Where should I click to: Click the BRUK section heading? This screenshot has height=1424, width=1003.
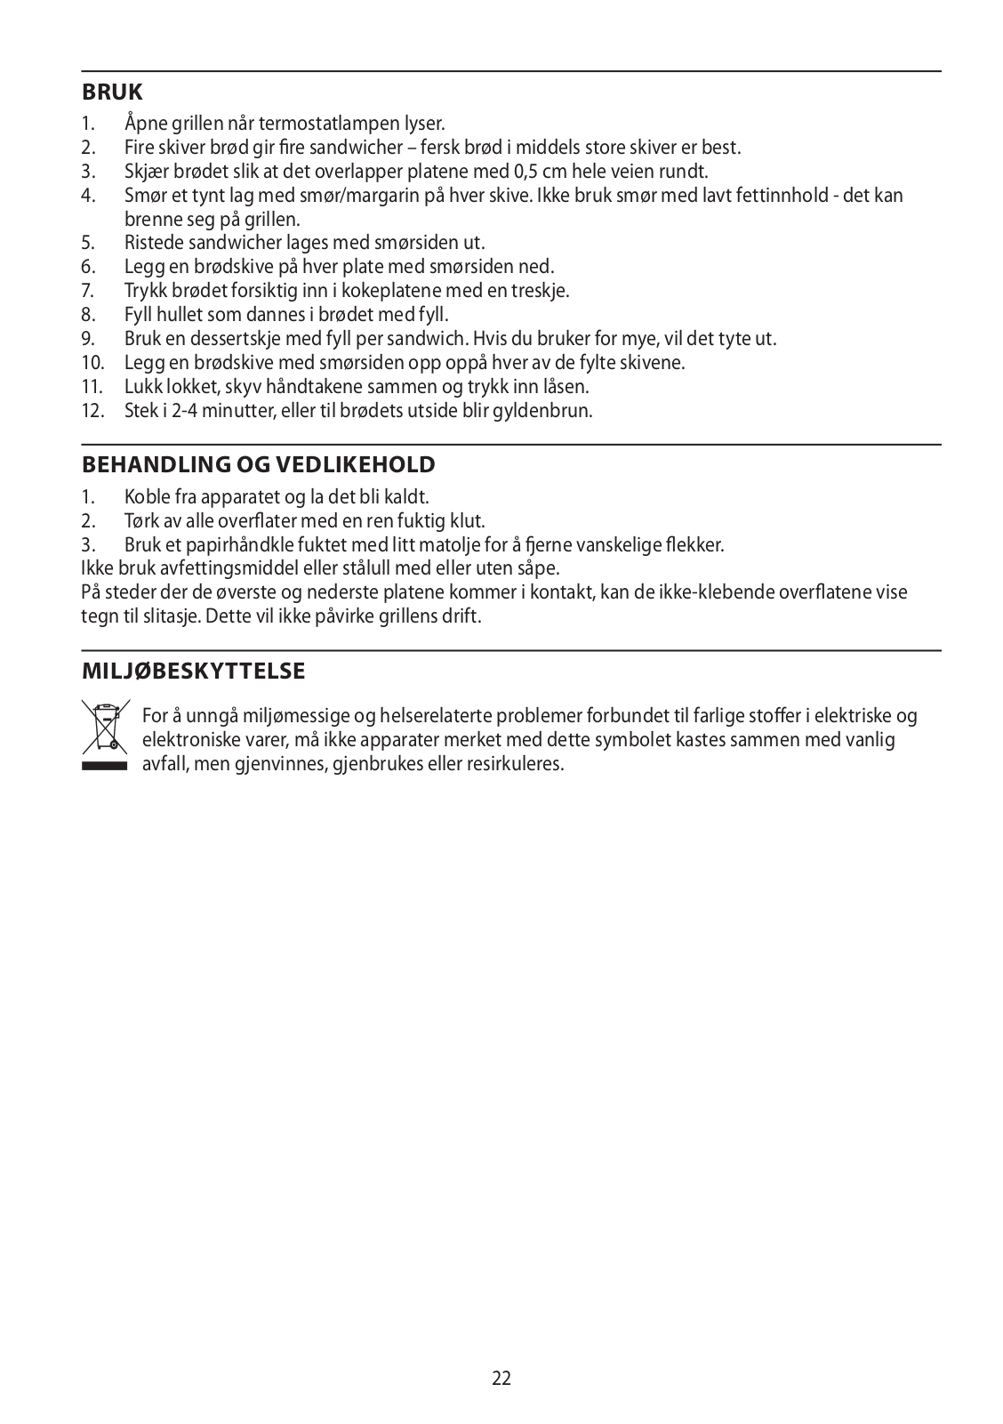(112, 92)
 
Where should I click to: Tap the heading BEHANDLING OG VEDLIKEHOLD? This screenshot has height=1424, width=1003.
(258, 464)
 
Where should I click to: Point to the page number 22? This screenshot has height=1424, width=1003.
(501, 1379)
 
